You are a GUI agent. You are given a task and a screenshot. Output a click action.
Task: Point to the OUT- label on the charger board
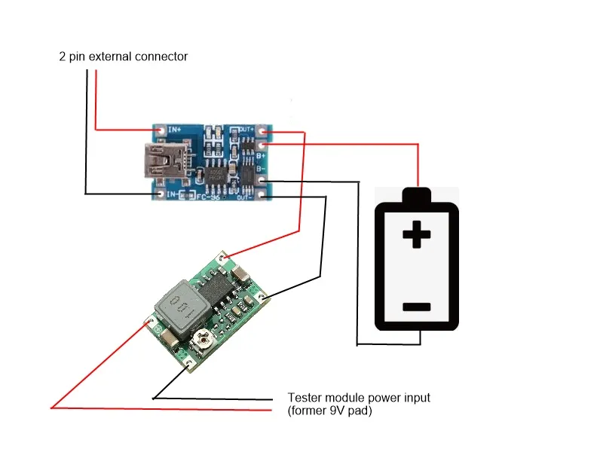(x=245, y=197)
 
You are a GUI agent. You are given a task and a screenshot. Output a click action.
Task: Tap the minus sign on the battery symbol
(x=416, y=307)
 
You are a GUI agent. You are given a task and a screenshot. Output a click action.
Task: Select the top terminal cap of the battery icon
(x=417, y=196)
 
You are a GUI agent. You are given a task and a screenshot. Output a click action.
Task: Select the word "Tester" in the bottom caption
(x=304, y=397)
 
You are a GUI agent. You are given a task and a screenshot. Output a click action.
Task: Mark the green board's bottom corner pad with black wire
(x=188, y=367)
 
